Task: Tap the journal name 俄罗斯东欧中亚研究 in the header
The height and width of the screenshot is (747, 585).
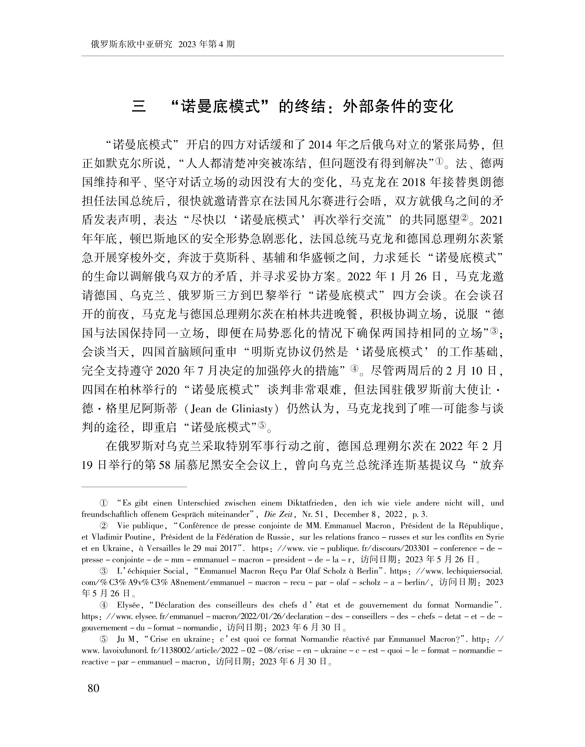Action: [132, 45]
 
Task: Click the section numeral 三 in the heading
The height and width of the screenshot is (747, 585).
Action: [139, 106]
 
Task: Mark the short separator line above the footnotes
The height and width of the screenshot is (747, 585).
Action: [134, 487]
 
